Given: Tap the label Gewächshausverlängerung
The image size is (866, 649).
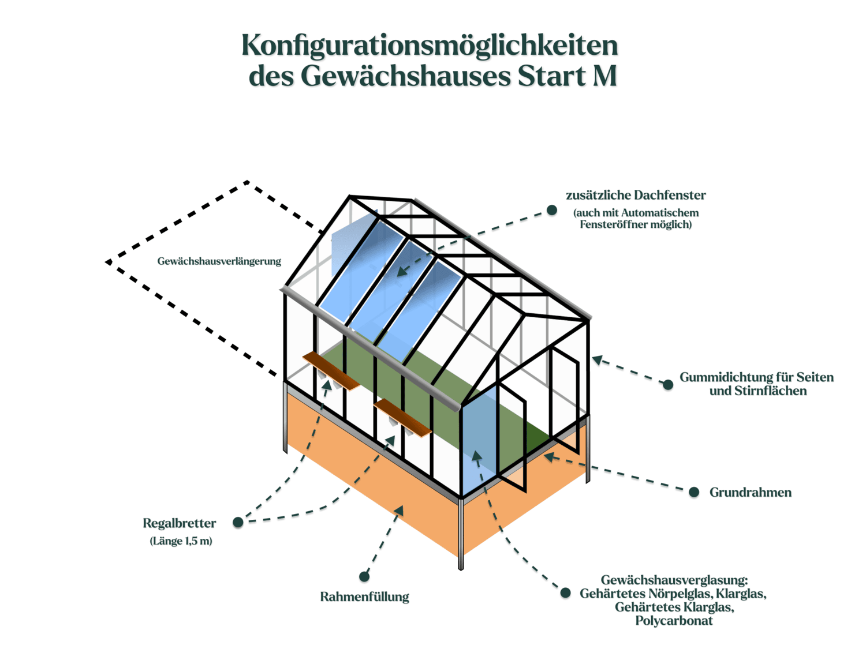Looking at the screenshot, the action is [x=219, y=261].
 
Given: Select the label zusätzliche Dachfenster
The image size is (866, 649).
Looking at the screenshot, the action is [x=636, y=195].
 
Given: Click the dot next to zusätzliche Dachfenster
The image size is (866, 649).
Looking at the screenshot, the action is [x=551, y=211].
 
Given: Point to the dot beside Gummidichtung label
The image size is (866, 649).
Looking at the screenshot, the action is [x=667, y=385].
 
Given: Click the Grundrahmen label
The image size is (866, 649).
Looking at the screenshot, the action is [x=751, y=493].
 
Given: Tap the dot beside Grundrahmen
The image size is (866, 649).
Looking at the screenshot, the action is [x=693, y=492].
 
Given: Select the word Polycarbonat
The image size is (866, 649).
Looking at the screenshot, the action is [x=674, y=621].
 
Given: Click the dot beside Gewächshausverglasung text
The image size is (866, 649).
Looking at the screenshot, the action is [x=565, y=592].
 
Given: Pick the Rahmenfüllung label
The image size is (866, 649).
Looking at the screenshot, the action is [x=364, y=597].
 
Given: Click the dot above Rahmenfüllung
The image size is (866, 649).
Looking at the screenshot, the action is [x=364, y=577].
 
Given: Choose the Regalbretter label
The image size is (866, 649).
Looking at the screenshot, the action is [x=180, y=523].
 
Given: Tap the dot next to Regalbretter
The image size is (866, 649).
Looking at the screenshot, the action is [x=238, y=523].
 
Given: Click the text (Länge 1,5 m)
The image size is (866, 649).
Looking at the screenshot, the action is [x=181, y=541].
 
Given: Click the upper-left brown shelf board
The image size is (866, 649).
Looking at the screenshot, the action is [x=331, y=371].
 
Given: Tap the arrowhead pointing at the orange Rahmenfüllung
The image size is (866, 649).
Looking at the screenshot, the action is [x=400, y=511].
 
